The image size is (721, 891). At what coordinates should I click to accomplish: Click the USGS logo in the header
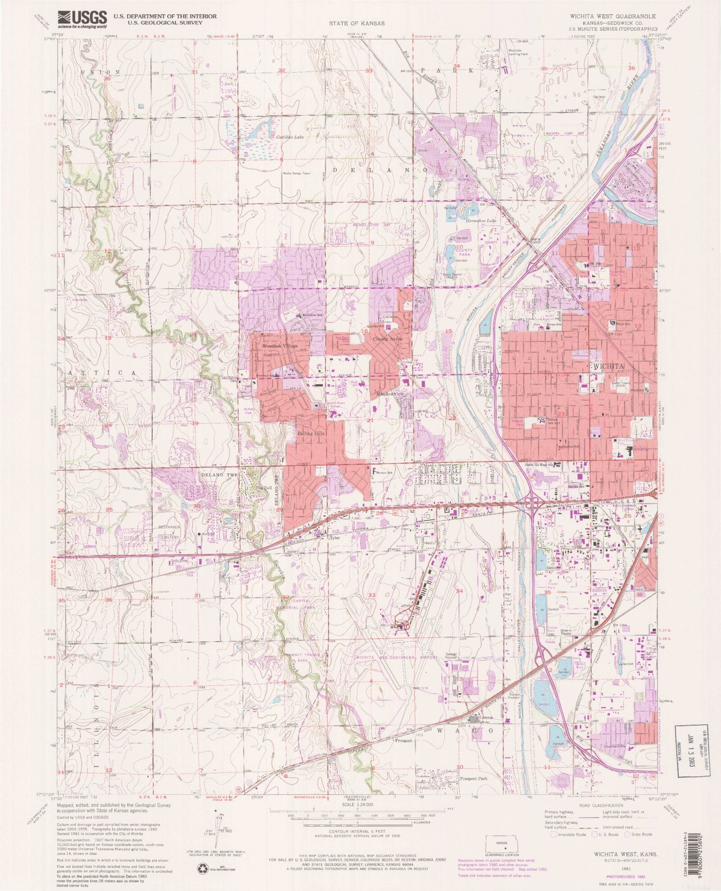[82, 20]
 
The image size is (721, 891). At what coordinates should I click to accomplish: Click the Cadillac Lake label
[290, 137]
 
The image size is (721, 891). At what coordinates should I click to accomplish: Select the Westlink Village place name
[280, 346]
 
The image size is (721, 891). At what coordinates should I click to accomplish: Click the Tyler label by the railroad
[335, 538]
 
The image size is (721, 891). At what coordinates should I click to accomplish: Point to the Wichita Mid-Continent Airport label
[397, 657]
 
